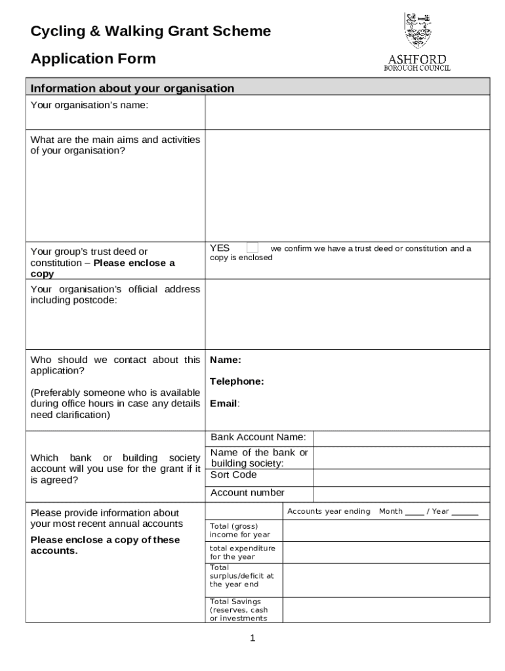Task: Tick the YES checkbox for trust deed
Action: tap(253, 248)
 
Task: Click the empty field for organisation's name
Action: tap(347, 112)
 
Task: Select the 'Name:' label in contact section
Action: tap(226, 360)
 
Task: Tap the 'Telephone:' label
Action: tap(237, 381)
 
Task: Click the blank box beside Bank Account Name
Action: tap(401, 438)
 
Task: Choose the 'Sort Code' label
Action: tap(233, 474)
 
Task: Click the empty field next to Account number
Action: tap(401, 493)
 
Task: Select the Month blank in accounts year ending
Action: tap(414, 512)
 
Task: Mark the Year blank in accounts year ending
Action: tap(465, 512)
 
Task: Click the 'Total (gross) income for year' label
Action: tap(240, 530)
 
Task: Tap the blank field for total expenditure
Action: tap(386, 552)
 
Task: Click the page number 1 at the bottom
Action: tap(253, 638)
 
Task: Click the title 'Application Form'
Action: tap(93, 59)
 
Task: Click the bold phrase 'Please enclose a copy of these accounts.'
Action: tap(105, 545)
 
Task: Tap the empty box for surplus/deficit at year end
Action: tap(386, 580)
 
